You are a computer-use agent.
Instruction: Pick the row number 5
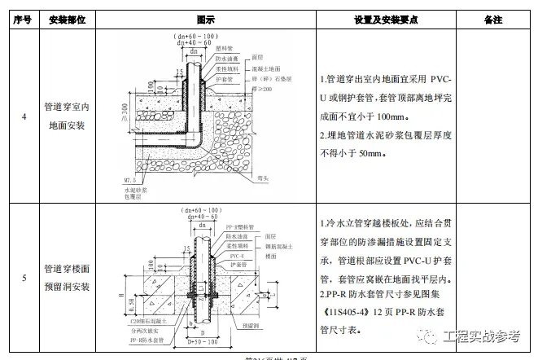(24, 278)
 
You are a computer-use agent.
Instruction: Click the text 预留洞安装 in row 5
(67, 287)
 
